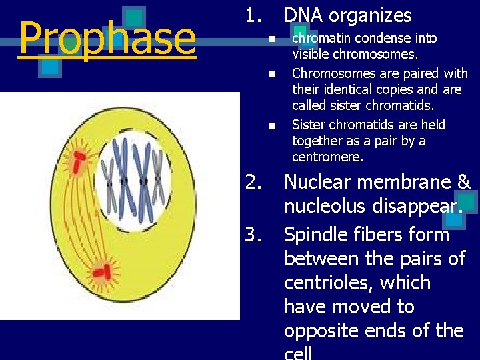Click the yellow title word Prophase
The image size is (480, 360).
pos(107,39)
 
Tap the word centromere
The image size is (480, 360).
pos(327,157)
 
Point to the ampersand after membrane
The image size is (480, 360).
pos(463,182)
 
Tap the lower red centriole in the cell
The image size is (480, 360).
pos(101,271)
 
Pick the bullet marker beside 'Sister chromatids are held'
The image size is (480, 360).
pos(271,125)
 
